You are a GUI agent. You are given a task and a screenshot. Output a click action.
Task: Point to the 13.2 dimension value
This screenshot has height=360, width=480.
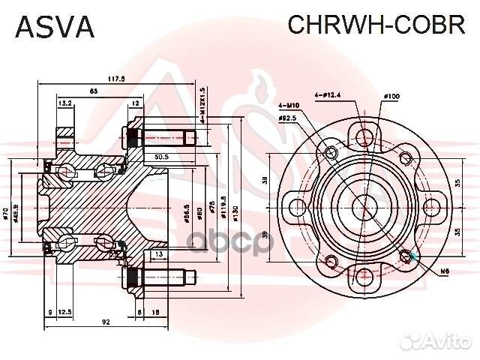pos(65,103)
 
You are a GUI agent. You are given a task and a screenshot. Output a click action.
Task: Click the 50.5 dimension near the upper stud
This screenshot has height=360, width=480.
pos(160,157)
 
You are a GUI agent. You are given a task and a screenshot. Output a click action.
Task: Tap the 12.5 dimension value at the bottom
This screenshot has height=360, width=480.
pos(65,311)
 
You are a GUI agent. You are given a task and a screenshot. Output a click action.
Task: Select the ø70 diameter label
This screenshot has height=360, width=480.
pos(6,216)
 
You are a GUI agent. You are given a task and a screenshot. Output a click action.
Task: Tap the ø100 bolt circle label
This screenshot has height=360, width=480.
pos(390,96)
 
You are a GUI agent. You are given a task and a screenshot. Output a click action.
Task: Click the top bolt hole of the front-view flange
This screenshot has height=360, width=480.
pos(365,136)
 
